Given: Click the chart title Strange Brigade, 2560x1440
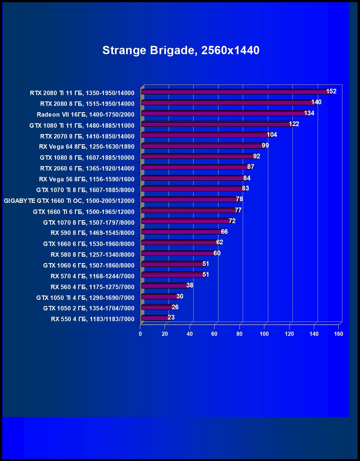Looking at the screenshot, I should [x=181, y=50].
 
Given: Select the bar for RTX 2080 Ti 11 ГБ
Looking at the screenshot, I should [x=235, y=92].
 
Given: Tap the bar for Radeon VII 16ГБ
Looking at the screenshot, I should [x=224, y=113].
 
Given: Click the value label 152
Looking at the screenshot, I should [x=331, y=91].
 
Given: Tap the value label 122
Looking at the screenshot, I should [x=294, y=124].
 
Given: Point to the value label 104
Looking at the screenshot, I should [x=272, y=135].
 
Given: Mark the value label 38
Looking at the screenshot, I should [x=190, y=285].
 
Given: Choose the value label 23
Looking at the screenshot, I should [x=171, y=317].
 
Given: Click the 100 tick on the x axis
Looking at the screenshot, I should [x=264, y=334].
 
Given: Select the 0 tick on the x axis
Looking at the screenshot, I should [x=140, y=334].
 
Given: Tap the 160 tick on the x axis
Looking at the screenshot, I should [x=338, y=334].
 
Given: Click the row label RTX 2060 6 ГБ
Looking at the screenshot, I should [x=87, y=168].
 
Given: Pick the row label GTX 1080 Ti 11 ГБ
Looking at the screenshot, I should [x=82, y=125].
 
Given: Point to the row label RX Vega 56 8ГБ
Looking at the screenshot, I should [x=87, y=179].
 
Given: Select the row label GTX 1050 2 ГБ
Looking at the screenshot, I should [x=89, y=308].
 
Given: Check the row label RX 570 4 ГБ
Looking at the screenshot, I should [x=92, y=276].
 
